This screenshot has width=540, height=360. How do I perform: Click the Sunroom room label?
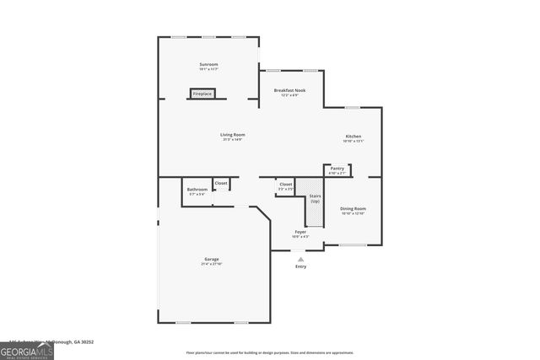point(208,65)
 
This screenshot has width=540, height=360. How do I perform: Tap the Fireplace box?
point(202,94)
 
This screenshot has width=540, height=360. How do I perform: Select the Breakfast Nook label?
point(289,90)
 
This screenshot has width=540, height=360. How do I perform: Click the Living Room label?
point(232,135)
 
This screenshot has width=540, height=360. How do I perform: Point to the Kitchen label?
point(353,137)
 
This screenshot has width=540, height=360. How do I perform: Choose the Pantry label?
point(337,169)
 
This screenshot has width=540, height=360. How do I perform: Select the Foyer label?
point(300,232)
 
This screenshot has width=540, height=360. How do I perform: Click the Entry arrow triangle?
point(300,259)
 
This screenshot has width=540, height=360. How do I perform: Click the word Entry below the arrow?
point(300,266)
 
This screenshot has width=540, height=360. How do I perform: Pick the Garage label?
point(211,259)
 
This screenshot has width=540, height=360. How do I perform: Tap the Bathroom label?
point(197,190)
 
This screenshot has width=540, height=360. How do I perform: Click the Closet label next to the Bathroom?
point(220,183)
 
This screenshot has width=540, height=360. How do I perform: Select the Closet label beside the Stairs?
point(286,184)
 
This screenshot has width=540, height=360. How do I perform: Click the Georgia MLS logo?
point(26,348)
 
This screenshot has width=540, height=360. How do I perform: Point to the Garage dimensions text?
point(211,264)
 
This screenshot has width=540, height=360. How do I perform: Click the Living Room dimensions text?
point(232,140)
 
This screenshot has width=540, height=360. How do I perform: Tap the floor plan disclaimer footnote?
point(270,352)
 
